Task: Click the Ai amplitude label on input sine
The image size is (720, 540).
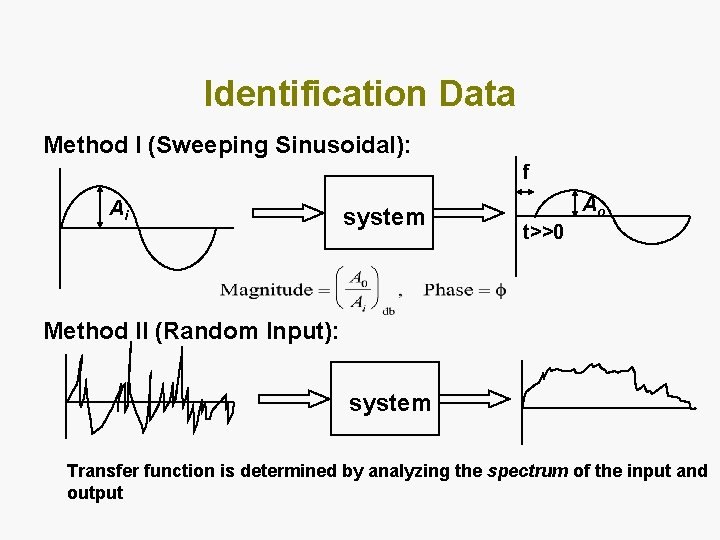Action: tap(118, 209)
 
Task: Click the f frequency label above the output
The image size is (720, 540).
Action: tap(526, 171)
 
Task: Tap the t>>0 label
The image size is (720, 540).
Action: tap(544, 233)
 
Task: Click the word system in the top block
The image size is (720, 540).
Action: tap(384, 217)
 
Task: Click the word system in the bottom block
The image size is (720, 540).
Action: tap(390, 402)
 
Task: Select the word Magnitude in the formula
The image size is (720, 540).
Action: tap(267, 290)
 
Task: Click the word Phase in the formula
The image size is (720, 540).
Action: tap(449, 290)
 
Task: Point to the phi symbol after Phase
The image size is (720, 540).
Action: tap(501, 290)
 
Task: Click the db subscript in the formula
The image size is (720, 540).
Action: tap(389, 310)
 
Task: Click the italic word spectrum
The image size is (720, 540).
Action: tap(527, 471)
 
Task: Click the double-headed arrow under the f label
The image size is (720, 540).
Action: tap(524, 189)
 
